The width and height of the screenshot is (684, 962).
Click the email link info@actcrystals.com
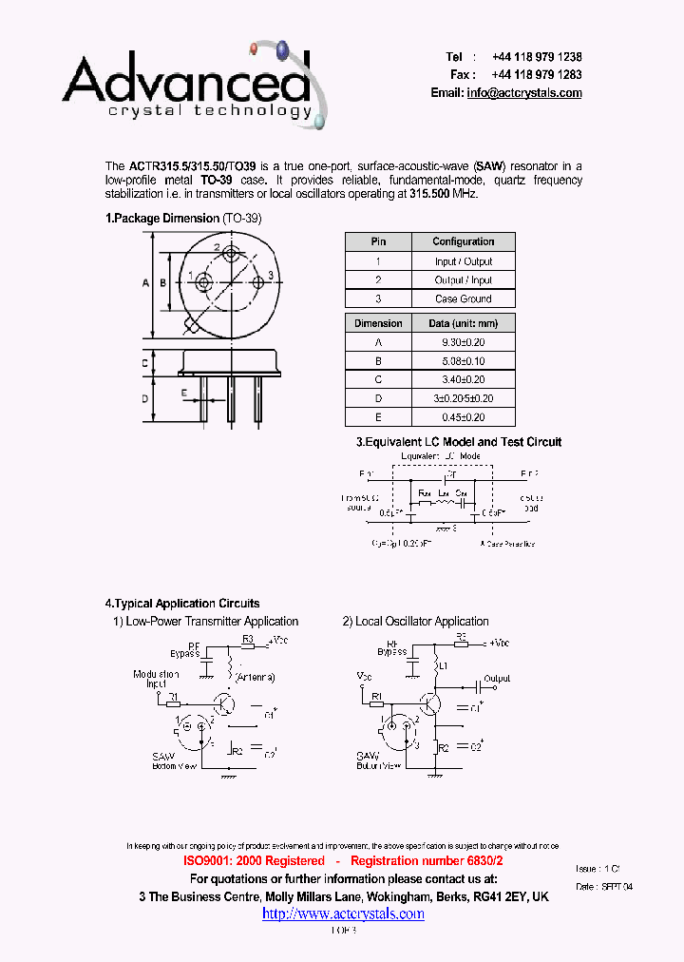point(523,93)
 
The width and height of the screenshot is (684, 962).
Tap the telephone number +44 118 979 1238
point(537,57)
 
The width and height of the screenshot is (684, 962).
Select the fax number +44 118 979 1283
point(537,74)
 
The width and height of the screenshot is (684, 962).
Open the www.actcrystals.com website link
point(343,914)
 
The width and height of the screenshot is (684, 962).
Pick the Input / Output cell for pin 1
point(464,261)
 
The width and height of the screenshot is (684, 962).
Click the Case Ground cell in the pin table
point(464,298)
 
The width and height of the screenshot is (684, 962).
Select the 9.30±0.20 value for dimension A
point(464,342)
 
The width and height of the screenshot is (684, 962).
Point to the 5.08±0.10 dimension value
point(464,361)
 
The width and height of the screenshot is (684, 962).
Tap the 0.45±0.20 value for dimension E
point(464,417)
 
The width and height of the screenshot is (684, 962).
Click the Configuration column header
point(464,241)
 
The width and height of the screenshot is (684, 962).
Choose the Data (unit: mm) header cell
point(464,323)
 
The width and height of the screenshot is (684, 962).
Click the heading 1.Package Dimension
point(162,219)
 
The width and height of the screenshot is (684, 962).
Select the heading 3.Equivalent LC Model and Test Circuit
point(459,442)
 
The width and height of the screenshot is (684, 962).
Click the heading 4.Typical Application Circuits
point(181,604)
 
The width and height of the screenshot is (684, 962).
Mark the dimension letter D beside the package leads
point(145,398)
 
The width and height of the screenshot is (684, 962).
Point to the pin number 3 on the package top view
point(271,276)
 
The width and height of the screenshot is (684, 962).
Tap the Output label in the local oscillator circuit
point(497,679)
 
